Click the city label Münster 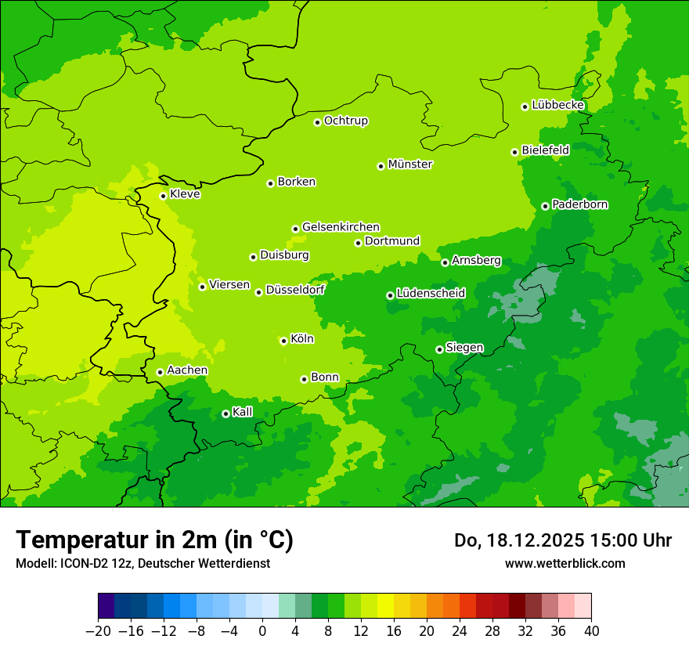coord(410,164)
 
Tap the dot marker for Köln coord(283,341)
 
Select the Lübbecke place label coord(558,105)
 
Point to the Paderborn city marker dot coord(545,206)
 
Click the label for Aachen coord(187,370)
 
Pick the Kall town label coord(243,412)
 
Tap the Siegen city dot coord(439,349)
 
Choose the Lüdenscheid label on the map coord(431,294)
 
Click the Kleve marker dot coord(163,196)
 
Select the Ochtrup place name coord(346,121)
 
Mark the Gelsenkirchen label coord(341,227)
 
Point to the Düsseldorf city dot coord(258,292)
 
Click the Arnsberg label coord(476,261)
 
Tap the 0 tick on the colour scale coord(262,630)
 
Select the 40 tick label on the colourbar coord(591,630)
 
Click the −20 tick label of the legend coord(99,630)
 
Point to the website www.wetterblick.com coord(565,563)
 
